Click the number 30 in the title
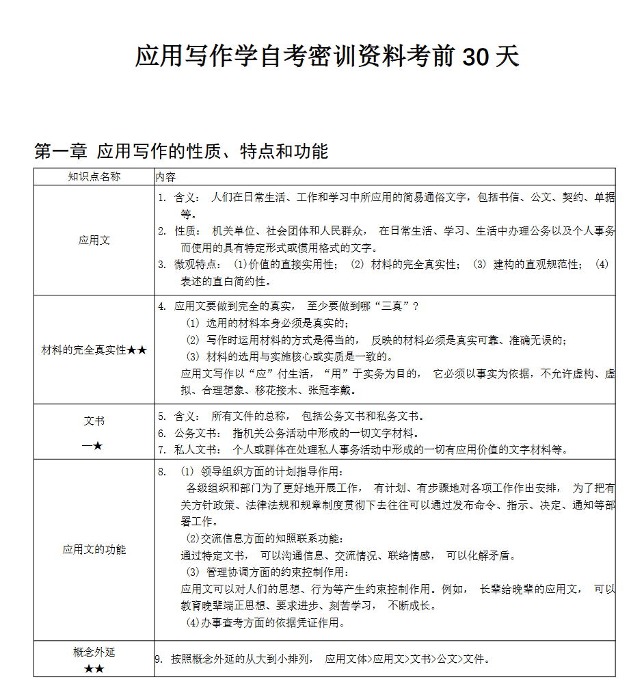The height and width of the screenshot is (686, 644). pos(476,57)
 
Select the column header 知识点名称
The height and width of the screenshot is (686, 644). pos(94,176)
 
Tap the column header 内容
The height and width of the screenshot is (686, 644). pos(165,177)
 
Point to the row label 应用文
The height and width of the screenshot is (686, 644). pos(94,240)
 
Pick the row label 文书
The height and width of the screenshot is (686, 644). pos(94,421)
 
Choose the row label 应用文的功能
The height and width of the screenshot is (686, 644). pos(94,549)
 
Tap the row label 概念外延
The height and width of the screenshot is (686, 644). pos(94,652)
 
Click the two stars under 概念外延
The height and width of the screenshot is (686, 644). pos(94,669)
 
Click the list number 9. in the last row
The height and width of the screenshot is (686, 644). pos(159,659)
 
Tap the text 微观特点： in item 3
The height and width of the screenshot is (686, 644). pos(198,264)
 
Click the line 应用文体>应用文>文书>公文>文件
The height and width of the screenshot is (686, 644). pos(407,659)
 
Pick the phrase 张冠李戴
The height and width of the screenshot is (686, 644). pos(332,391)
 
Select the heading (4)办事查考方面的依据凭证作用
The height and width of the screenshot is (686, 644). pos(265,622)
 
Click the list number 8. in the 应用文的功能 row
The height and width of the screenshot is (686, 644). pos(162,471)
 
